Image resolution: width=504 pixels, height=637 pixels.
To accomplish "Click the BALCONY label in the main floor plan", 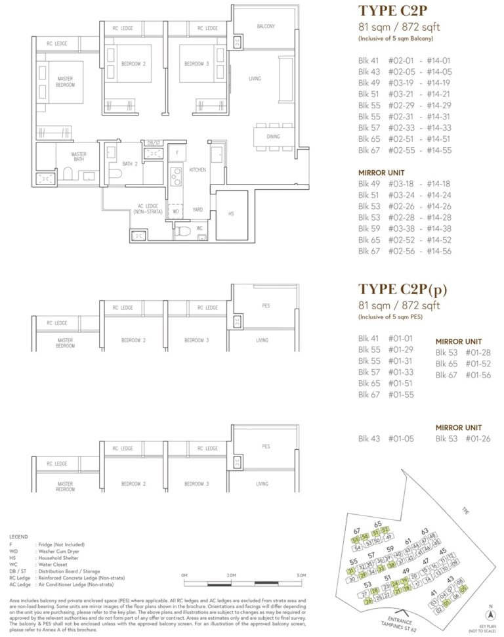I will point(265,27).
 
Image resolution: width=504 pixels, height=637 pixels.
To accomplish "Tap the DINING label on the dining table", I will point(273,137).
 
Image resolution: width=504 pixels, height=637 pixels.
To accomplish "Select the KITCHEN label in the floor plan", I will point(198,169).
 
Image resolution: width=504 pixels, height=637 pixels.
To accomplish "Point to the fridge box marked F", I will point(177,152).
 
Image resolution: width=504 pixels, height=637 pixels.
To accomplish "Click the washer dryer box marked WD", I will point(175,211).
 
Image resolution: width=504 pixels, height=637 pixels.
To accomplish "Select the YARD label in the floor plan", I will point(197,211).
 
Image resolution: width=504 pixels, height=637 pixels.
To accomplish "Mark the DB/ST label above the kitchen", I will point(154,143).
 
